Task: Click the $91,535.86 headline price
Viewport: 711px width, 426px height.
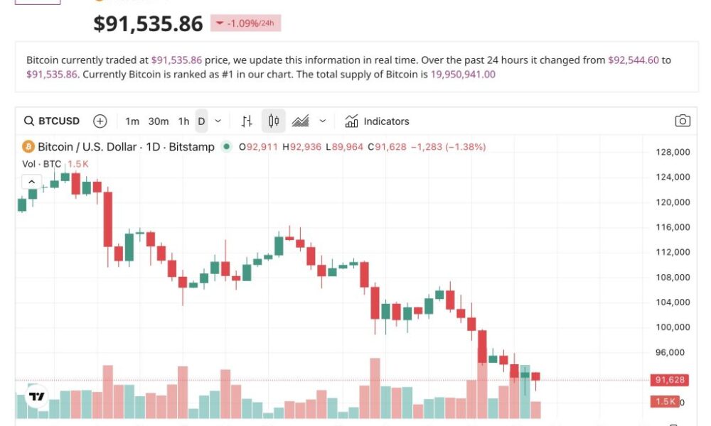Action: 148,23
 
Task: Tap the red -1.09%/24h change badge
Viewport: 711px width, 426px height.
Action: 245,23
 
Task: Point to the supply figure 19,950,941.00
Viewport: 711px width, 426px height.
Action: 463,74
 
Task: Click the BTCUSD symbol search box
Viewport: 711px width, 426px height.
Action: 52,121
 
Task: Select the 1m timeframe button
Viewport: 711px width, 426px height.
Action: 132,121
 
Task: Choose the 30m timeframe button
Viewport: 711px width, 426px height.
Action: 159,121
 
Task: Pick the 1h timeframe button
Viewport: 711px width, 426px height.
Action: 183,121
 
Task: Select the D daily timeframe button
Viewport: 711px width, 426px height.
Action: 201,121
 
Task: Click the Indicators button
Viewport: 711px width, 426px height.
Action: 377,121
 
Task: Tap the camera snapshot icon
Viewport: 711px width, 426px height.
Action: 682,121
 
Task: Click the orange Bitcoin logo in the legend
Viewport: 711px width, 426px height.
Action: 28,147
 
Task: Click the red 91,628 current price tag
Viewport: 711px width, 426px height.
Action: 668,381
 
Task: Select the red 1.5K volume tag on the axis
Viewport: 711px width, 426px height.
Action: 665,402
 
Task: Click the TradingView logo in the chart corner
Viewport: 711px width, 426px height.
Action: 36,397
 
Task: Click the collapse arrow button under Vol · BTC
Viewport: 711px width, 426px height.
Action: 31,182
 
